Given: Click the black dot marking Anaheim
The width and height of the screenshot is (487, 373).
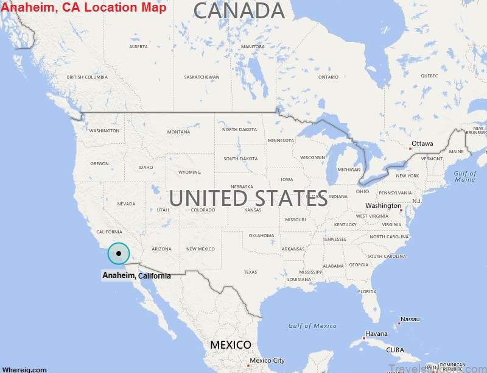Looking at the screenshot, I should click(119, 254).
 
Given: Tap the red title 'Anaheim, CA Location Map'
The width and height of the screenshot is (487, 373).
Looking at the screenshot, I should click(83, 7).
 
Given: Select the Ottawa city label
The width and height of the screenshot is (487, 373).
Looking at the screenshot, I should click(422, 144).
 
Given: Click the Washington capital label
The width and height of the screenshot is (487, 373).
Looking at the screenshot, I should click(384, 206).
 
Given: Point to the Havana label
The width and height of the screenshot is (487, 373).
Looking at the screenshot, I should click(376, 333).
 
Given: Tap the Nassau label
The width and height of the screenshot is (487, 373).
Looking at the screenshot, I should click(410, 319).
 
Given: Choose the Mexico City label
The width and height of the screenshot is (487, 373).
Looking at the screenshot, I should click(267, 360).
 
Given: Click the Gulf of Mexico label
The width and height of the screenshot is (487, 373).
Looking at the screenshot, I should click(312, 326).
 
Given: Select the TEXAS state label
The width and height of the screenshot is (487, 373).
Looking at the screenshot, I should click(250, 272).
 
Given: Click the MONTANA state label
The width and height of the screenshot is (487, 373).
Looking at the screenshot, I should click(178, 132).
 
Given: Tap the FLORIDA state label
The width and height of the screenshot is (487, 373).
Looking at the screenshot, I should click(367, 291).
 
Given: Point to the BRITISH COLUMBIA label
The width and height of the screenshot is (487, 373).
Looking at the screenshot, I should click(87, 77).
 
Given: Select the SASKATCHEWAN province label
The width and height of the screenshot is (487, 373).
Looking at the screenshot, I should click(201, 77).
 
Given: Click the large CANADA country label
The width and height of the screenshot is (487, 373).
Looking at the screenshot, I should click(239, 11).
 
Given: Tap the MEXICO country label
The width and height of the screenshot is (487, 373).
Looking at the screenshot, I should click(231, 345).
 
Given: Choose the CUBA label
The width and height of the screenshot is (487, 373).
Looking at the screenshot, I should click(395, 350).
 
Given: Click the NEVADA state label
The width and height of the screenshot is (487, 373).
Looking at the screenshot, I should click(126, 204).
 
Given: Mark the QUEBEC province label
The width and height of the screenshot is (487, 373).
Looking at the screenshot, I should click(429, 76).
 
